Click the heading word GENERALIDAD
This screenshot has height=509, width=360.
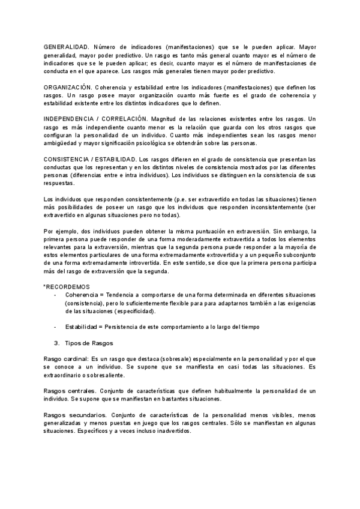coord(66,46)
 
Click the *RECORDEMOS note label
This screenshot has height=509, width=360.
coord(67,286)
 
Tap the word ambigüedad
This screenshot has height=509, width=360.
coord(65,143)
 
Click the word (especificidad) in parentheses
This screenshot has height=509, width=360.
coord(130,310)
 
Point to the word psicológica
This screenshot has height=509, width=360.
coord(188,143)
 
